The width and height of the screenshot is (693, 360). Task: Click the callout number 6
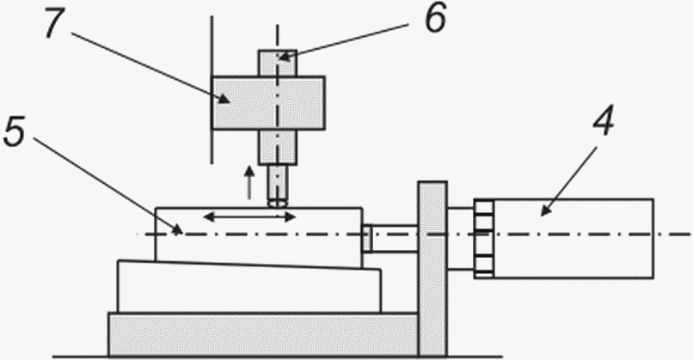pyautogui.click(x=433, y=18)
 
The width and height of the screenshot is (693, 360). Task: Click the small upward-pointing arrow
pyautogui.click(x=250, y=182)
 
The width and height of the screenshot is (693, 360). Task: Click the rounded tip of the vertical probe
pyautogui.click(x=277, y=202)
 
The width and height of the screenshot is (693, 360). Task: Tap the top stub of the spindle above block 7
pyautogui.click(x=277, y=62)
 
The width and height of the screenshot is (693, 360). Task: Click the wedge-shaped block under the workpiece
pyautogui.click(x=249, y=289)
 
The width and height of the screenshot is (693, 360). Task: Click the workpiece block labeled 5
pyautogui.click(x=258, y=245)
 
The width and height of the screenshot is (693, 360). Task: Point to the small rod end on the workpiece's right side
pyautogui.click(x=366, y=239)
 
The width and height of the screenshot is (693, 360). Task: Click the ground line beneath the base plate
pyautogui.click(x=258, y=354)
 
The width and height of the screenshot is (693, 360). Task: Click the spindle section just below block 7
pyautogui.click(x=277, y=147)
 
